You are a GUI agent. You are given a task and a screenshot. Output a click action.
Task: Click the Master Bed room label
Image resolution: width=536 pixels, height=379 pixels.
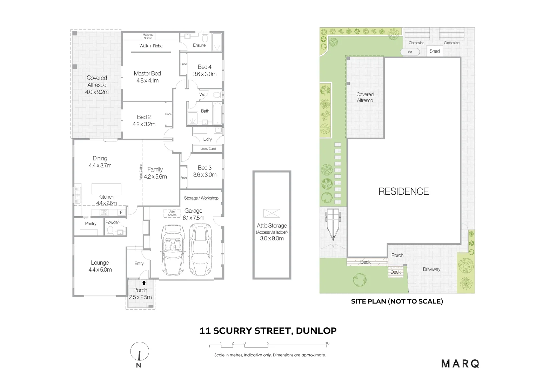click(147, 73)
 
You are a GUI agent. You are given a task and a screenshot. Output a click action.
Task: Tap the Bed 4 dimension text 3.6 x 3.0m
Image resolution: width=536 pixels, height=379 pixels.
click(205, 74)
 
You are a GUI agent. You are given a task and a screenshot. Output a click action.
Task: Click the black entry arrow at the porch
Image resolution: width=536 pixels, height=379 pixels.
click(143, 282)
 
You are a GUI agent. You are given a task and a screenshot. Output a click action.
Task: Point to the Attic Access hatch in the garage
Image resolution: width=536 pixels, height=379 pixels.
click(172, 213)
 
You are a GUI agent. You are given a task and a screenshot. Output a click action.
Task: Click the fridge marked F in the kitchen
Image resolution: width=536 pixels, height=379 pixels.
click(121, 212)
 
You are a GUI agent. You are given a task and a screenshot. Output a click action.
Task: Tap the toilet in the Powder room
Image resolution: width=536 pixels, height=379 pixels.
click(110, 230)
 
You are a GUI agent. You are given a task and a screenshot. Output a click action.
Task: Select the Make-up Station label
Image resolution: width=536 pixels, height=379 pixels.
click(148, 36)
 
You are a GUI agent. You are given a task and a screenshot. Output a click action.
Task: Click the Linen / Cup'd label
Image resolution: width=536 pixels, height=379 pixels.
click(208, 149)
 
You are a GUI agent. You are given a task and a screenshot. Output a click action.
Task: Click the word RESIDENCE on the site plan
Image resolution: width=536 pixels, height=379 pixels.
click(403, 191)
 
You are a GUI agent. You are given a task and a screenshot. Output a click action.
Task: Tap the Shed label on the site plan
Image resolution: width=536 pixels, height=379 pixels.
click(435, 51)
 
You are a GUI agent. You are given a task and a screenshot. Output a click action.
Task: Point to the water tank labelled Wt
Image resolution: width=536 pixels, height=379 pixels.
click(410, 52)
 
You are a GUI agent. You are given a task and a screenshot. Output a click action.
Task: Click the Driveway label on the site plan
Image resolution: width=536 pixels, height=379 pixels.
click(431, 269)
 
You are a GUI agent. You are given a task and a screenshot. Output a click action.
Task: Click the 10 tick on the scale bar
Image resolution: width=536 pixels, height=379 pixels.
click(327, 344)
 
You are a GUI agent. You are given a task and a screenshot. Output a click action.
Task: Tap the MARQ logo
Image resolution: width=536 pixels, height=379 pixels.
click(460, 364)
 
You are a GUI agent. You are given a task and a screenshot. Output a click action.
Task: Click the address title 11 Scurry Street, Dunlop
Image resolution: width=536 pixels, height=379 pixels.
click(268, 331)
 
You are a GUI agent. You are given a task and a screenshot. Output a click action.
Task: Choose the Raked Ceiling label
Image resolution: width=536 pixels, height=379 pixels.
click(141, 172)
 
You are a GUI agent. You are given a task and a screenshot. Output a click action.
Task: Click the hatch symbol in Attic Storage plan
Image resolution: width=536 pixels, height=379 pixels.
click(272, 213)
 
